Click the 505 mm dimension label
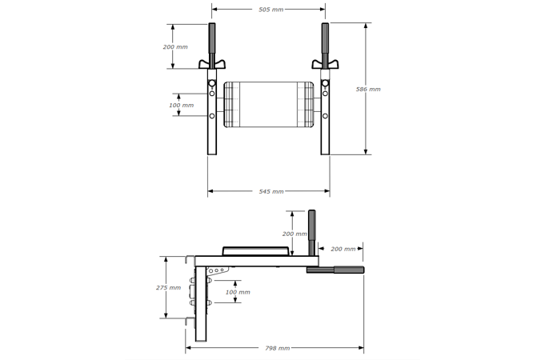pyautogui.click(x=270, y=10)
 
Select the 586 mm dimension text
pyautogui.click(x=368, y=89)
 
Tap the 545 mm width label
pyautogui.click(x=271, y=192)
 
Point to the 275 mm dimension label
pyautogui.click(x=167, y=287)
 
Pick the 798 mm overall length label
pyautogui.click(x=277, y=348)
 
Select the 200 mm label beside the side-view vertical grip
pyautogui.click(x=295, y=234)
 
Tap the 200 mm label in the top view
pyautogui.click(x=175, y=46)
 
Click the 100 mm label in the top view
pyautogui.click(x=182, y=105)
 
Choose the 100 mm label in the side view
pyautogui.click(x=238, y=292)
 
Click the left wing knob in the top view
pyautogui.click(x=212, y=63)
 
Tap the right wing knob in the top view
pyautogui.click(x=326, y=63)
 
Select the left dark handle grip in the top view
pyautogui.click(x=212, y=38)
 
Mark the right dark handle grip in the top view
pyautogui.click(x=326, y=38)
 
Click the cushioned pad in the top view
pyautogui.click(x=268, y=105)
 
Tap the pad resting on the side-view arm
pyautogui.click(x=254, y=250)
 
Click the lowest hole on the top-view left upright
pyautogui.click(x=212, y=116)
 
